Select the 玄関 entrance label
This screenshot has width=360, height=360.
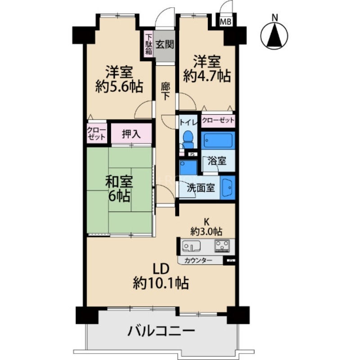click(x=165, y=45)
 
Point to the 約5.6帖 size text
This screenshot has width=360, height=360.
click(x=119, y=86)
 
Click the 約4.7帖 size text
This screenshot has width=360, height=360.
click(x=207, y=75)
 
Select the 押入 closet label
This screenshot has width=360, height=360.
click(x=131, y=134)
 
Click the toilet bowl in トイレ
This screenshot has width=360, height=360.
click(x=187, y=138)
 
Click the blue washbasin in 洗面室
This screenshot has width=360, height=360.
click(x=228, y=187)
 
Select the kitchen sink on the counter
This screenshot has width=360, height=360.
click(x=191, y=247)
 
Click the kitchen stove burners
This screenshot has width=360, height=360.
click(x=221, y=246)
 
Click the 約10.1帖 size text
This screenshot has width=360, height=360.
click(x=161, y=283)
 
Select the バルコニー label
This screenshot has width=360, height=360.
click(x=161, y=332)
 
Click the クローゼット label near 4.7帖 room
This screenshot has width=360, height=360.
click(x=218, y=120)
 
